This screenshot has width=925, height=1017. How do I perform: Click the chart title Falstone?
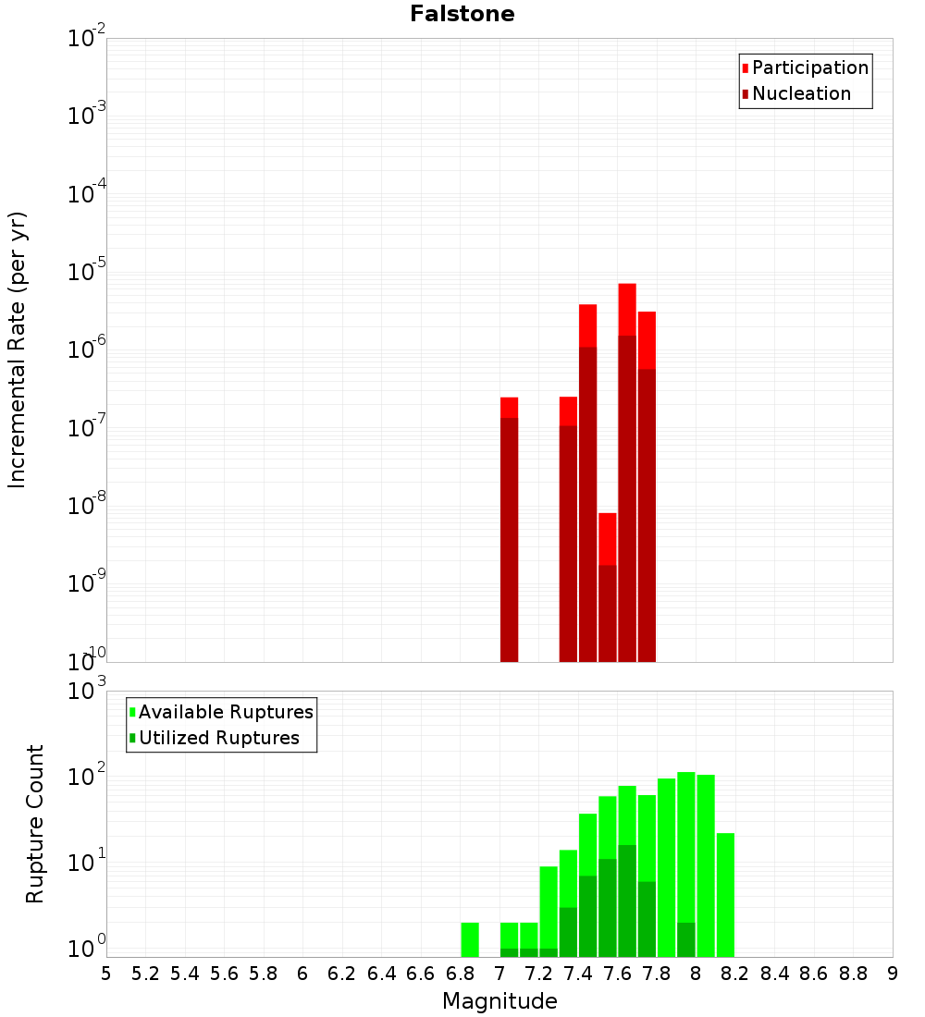pos(462,14)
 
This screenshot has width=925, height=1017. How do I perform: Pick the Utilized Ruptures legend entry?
pos(217,738)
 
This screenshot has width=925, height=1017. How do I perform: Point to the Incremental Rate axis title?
pos(18,349)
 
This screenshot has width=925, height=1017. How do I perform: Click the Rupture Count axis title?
pos(35,823)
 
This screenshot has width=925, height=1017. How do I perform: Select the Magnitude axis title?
pos(499,1001)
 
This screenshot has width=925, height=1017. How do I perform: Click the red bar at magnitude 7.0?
pos(509,527)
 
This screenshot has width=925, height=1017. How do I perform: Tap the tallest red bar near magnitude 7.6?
pos(627,472)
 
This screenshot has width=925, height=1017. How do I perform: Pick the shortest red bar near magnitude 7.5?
pos(607,587)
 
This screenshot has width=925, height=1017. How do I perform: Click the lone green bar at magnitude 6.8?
pos(470,939)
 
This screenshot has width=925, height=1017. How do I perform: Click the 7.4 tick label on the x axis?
pos(578,974)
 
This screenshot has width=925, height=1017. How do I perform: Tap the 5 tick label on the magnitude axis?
pos(106,974)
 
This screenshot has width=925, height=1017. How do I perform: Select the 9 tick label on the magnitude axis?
pos(893,974)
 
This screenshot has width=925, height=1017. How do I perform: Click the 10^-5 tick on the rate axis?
pos(86,273)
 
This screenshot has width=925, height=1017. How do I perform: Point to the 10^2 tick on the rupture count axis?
pos(86,777)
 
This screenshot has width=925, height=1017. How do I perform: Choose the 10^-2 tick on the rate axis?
pos(86,39)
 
